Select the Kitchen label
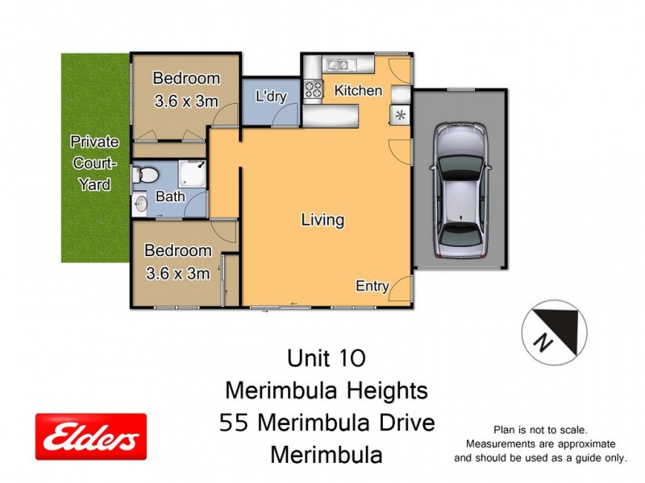point(358,90)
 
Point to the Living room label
point(322,219)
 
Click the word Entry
point(372,286)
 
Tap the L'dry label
point(271,97)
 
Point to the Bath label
point(170,196)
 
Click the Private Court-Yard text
point(94,163)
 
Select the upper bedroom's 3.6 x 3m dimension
point(185,102)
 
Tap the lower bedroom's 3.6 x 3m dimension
point(177,274)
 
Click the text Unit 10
point(326,357)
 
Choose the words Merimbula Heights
point(326,390)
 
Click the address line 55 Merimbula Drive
point(327,423)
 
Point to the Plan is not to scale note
point(539,431)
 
